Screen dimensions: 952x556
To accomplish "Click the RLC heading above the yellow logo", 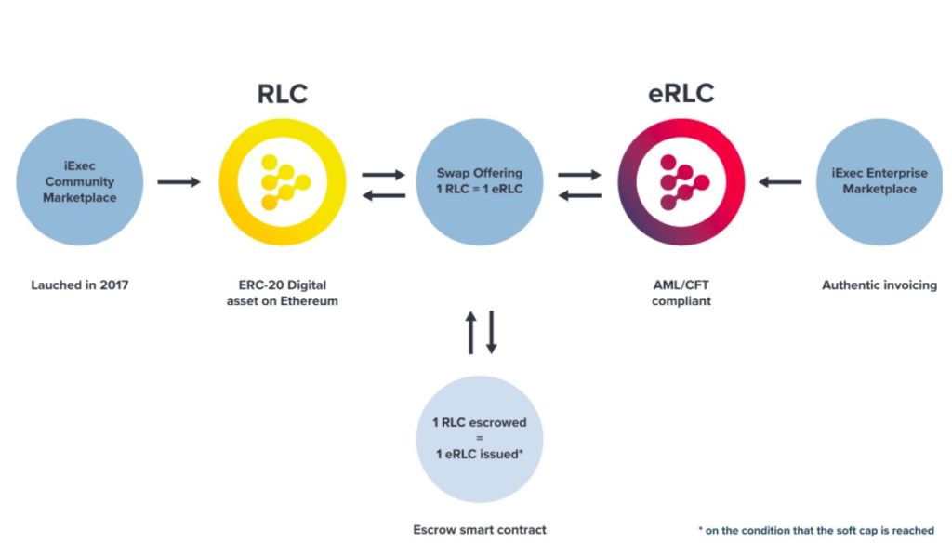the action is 283,94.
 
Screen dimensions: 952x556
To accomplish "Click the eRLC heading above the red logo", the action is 681,94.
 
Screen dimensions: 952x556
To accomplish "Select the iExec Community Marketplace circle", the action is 80,182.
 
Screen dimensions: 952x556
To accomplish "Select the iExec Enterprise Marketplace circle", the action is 879,182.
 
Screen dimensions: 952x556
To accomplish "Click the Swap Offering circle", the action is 480,182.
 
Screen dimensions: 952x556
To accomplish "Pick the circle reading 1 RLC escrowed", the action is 480,439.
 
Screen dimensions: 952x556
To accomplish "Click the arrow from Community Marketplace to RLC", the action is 178,181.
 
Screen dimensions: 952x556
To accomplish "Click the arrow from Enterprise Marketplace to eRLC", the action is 780,181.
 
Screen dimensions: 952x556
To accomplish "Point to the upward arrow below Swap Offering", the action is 470,332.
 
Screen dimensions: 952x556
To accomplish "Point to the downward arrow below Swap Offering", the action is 492,332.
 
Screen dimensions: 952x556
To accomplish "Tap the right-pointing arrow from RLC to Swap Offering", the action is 384,175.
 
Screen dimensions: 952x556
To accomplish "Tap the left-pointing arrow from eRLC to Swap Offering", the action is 580,195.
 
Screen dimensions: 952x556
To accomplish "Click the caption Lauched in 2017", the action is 80,285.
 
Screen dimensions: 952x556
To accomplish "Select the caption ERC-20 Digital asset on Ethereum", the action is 283,293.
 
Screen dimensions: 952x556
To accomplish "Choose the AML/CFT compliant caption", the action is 681,293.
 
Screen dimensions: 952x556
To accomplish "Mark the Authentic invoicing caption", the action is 879,285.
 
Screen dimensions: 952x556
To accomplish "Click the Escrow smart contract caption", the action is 480,530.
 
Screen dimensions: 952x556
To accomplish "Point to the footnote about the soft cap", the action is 816,531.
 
